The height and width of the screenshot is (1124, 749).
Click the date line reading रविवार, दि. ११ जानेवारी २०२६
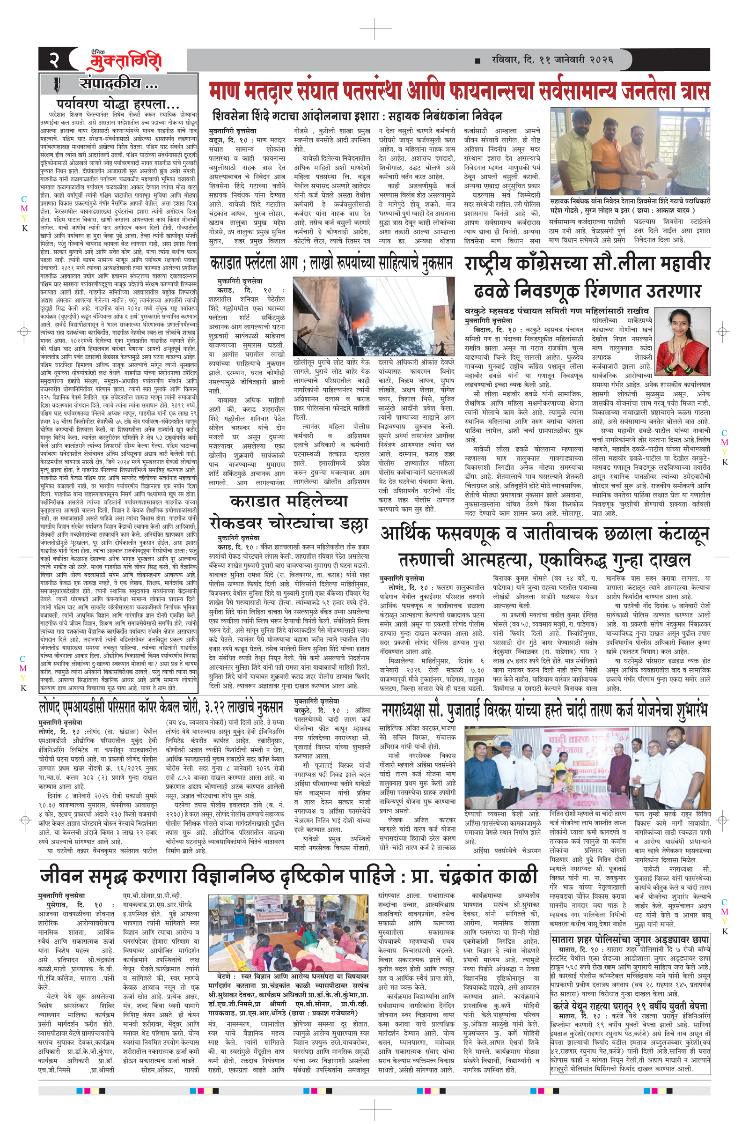tap(553, 60)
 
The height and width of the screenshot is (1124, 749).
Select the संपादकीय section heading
tap(118, 84)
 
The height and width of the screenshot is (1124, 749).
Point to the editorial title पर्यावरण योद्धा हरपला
tap(118, 104)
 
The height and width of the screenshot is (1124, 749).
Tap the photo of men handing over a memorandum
tap(630, 150)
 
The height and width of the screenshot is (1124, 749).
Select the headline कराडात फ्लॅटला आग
tap(331, 263)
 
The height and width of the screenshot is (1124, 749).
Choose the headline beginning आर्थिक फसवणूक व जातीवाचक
tap(544, 546)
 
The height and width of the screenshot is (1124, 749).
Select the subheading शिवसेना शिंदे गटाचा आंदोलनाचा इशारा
tap(357, 116)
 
